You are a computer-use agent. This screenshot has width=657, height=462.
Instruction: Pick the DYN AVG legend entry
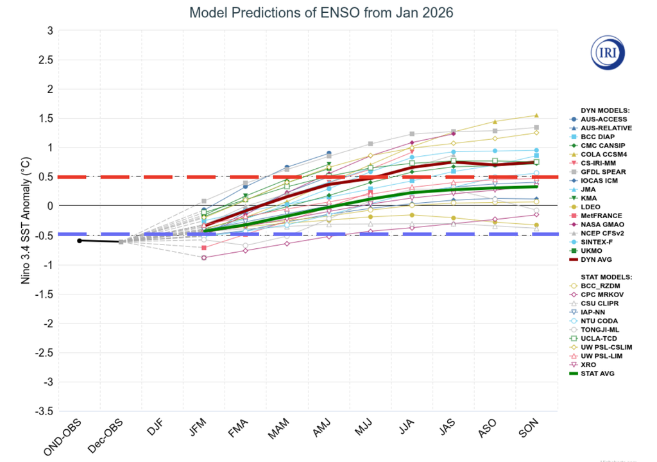pos(597,260)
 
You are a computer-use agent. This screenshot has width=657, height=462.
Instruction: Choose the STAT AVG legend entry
pos(597,373)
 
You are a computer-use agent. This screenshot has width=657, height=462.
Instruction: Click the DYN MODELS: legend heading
pos(604,110)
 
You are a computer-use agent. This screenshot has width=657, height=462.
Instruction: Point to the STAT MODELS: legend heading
pos(606,277)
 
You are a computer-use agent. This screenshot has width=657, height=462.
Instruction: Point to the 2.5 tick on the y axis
pos(45,60)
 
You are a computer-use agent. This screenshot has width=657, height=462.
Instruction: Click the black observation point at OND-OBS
pos(79,241)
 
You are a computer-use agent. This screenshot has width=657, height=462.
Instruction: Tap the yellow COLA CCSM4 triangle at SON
pos(536,116)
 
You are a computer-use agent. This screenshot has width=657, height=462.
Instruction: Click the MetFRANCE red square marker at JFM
pos(204,248)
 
